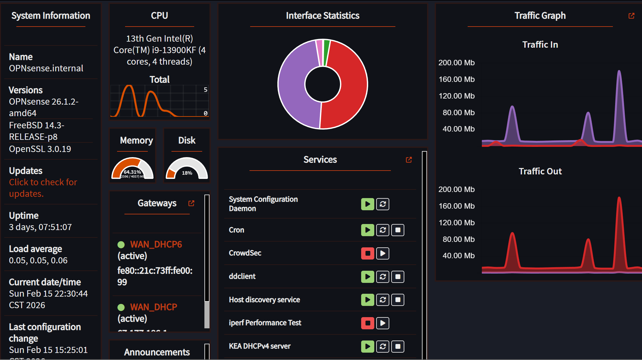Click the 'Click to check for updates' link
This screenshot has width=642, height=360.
(43, 188)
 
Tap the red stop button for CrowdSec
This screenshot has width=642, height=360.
(368, 253)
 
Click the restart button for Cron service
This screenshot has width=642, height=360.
(383, 230)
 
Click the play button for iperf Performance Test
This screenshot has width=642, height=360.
(383, 323)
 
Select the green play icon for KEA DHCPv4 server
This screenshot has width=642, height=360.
(368, 347)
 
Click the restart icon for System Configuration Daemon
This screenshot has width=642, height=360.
(383, 204)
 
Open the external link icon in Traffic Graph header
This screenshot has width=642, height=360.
(631, 16)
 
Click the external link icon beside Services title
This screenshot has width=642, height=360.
(408, 160)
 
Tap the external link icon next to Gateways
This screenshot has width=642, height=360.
(191, 203)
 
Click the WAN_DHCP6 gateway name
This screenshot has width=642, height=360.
(156, 244)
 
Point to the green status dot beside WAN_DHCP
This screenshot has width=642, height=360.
(121, 308)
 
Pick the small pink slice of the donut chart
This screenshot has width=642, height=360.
(319, 51)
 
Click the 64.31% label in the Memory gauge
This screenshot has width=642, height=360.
(132, 172)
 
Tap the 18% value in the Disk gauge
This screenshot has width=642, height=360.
(187, 173)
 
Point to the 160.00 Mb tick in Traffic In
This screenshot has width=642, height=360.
(456, 79)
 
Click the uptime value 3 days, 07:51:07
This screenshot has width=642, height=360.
(40, 227)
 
